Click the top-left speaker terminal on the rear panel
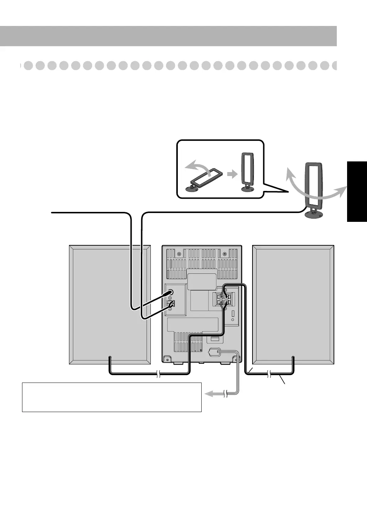(x=221, y=297)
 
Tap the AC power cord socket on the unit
(x=214, y=352)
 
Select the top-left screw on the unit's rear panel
(x=179, y=254)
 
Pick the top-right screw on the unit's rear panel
(x=224, y=254)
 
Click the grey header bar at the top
(x=168, y=36)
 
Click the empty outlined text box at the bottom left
(x=112, y=397)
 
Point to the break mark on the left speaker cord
(x=158, y=374)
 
